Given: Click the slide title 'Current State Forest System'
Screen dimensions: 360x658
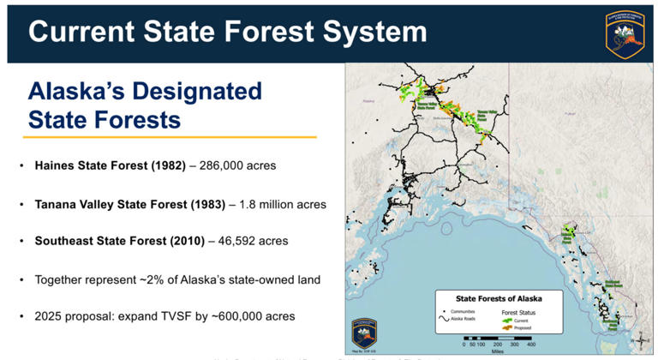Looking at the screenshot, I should pos(227,32).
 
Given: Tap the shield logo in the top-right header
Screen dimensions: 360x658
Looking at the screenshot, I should pos(625,33).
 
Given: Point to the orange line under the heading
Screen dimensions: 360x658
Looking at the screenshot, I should pos(170,137).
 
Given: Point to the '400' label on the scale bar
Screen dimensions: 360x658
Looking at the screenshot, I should pos(530,343).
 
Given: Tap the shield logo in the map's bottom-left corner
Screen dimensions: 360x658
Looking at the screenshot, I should pos(364,333).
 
